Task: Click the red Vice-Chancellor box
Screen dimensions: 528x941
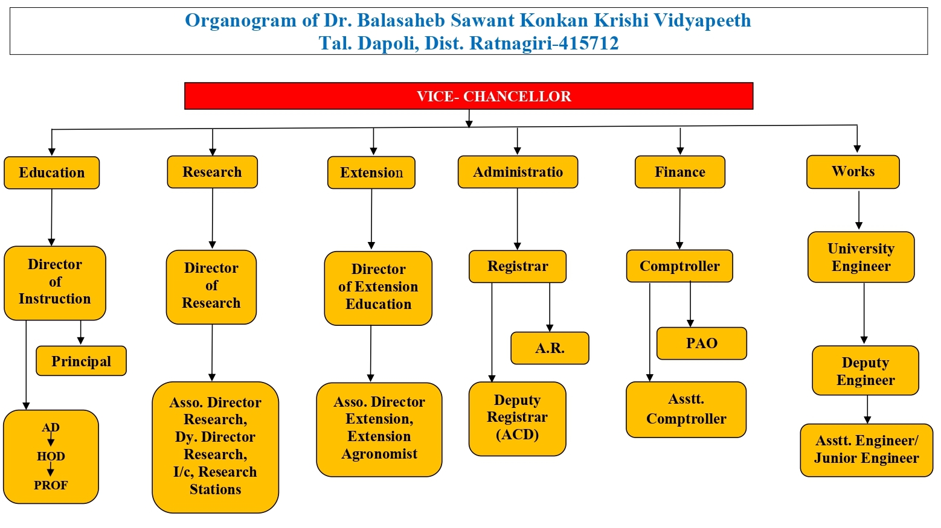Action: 469,96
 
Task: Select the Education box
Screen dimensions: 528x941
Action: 52,173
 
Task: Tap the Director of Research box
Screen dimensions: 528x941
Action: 211,286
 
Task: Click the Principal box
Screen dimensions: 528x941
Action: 82,361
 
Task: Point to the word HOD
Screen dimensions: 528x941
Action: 51,456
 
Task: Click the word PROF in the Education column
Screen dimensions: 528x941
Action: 51,485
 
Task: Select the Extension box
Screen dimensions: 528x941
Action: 371,173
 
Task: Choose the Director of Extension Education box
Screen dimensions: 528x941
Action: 378,287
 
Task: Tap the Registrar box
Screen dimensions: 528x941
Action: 518,266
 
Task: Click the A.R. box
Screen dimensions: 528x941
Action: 550,348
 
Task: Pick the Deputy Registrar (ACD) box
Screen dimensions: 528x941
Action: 517,418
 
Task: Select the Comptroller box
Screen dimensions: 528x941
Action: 679,266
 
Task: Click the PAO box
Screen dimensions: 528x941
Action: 702,343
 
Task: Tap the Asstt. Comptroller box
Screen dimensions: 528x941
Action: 686,409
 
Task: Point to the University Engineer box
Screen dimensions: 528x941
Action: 861,257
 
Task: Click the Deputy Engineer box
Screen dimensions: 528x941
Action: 865,371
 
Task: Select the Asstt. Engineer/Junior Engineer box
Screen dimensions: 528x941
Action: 866,450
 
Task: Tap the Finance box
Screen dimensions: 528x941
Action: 680,172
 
